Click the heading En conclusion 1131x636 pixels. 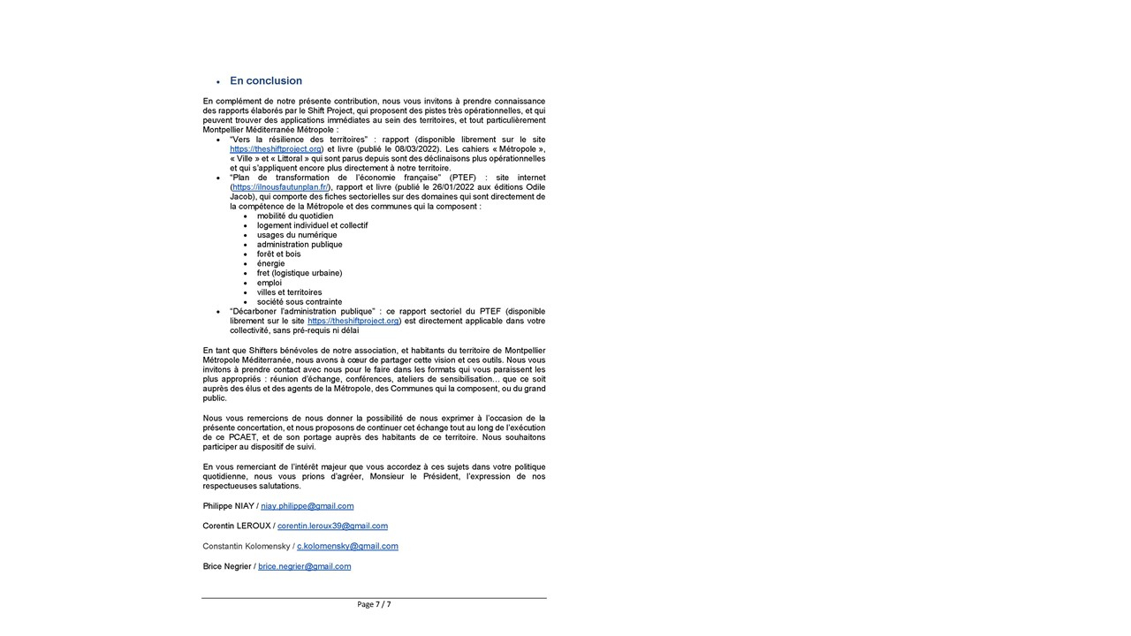click(x=265, y=80)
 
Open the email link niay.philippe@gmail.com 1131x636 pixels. click(x=307, y=506)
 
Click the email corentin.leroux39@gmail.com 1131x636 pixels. click(x=332, y=526)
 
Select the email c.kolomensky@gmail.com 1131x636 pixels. click(x=347, y=546)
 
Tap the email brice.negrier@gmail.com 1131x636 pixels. click(x=304, y=566)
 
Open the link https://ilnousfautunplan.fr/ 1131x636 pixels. click(x=280, y=187)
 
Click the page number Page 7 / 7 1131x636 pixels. click(x=374, y=604)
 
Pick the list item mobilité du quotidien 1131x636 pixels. click(x=295, y=216)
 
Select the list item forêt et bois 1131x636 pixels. click(x=278, y=254)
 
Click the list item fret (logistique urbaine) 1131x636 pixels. click(x=300, y=273)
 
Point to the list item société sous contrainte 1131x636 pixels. click(x=300, y=302)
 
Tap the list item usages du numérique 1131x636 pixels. click(x=297, y=235)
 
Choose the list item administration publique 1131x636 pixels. click(x=300, y=245)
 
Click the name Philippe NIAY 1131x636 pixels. click(x=228, y=506)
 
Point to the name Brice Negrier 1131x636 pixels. click(x=227, y=566)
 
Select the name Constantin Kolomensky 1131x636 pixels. click(x=247, y=546)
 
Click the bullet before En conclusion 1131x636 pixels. click(x=217, y=82)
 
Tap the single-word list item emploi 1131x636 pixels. click(x=269, y=283)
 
